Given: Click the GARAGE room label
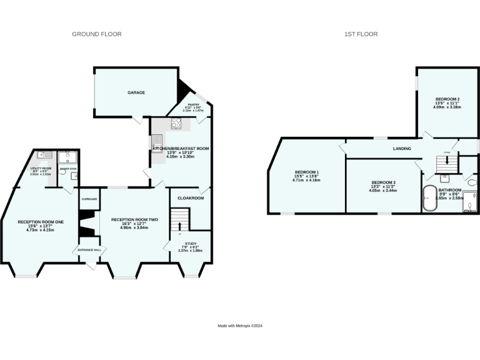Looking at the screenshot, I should pyautogui.click(x=136, y=92).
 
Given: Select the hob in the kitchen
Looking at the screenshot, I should pyautogui.click(x=176, y=124).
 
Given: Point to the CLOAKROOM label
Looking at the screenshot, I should pyautogui.click(x=191, y=197).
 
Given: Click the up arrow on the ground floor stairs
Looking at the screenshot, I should pyautogui.click(x=180, y=225).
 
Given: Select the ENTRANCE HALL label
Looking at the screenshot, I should pyautogui.click(x=89, y=250).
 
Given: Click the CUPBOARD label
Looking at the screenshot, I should pyautogui.click(x=89, y=199).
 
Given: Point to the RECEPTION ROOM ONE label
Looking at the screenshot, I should pyautogui.click(x=41, y=222).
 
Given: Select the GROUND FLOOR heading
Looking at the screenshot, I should pyautogui.click(x=97, y=34).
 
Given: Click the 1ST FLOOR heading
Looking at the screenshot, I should pyautogui.click(x=361, y=34).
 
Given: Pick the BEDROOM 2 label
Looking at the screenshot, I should pyautogui.click(x=447, y=99).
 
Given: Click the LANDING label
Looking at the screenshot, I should pyautogui.click(x=401, y=149).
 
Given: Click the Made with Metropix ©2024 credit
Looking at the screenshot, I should pyautogui.click(x=240, y=326).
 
